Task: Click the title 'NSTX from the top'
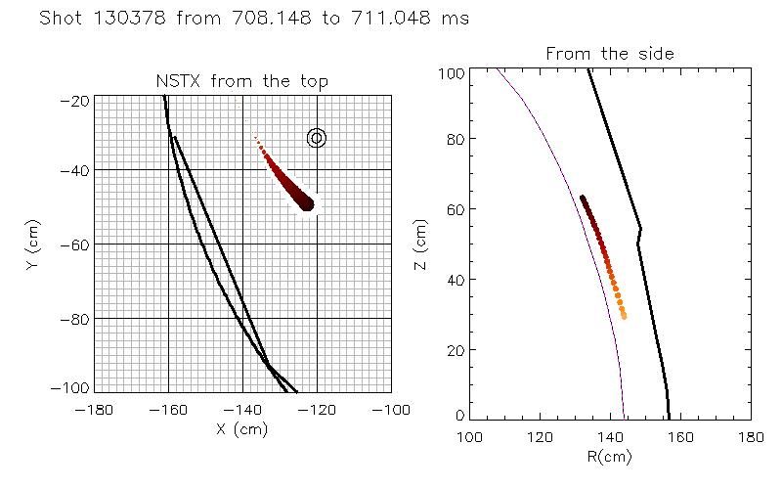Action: click(242, 81)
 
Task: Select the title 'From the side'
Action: click(611, 54)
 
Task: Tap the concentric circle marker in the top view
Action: click(316, 138)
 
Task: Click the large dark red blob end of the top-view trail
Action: click(306, 202)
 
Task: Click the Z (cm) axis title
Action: click(421, 244)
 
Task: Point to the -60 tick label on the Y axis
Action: click(76, 244)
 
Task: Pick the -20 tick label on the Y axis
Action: click(76, 101)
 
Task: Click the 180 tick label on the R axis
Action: click(750, 435)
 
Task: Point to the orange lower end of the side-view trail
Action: click(624, 315)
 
